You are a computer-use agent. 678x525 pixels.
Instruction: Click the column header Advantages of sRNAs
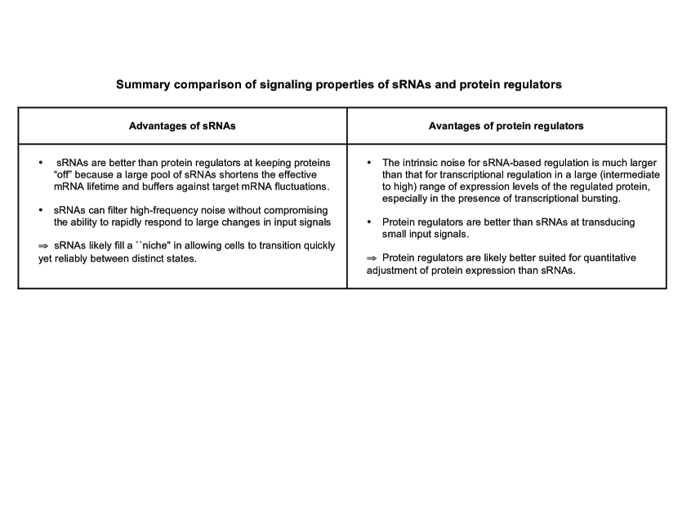182,126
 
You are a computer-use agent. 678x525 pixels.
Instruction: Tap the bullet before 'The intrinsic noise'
369,164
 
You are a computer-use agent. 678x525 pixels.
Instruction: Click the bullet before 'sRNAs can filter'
42,211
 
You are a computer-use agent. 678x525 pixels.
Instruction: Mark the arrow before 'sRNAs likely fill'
44,246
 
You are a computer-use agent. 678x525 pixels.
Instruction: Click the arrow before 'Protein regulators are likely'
372,258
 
